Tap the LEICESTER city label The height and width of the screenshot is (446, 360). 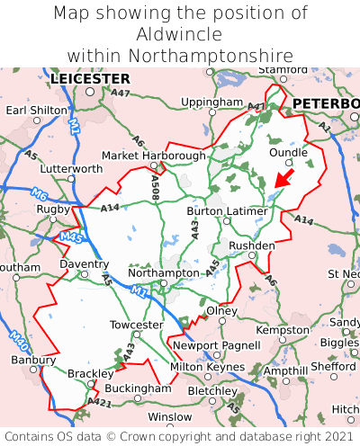pos(90,79)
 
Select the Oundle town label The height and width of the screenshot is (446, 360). pos(289,152)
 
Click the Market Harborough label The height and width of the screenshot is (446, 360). pos(153,156)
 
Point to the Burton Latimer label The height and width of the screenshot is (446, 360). pos(227,210)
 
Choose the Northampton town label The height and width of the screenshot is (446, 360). pos(163,272)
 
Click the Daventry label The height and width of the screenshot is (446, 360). pos(84,264)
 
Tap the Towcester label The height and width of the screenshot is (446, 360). pos(136,325)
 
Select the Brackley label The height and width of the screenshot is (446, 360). pos(91,373)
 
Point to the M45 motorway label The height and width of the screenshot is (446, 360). pos(72,236)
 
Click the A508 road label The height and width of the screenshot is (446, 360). pos(155,187)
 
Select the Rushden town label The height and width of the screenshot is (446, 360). pos(252,245)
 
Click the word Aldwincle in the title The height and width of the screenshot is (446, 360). pos(180,34)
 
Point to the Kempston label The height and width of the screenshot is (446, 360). pos(283,330)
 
